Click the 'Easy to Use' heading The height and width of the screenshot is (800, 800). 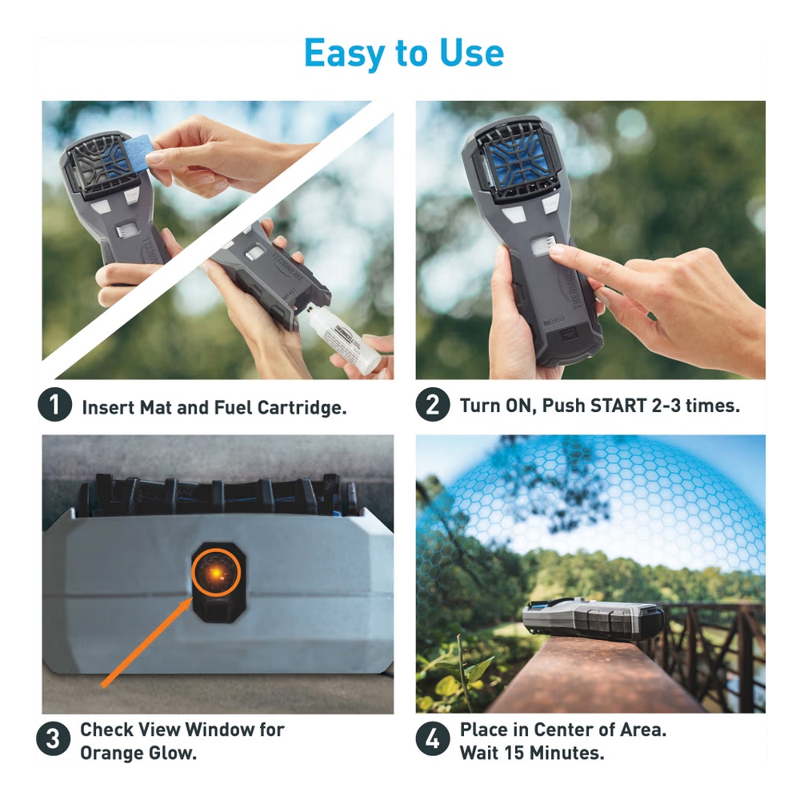404,54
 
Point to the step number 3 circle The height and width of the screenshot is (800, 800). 52,740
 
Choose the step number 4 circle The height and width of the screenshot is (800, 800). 431,740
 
